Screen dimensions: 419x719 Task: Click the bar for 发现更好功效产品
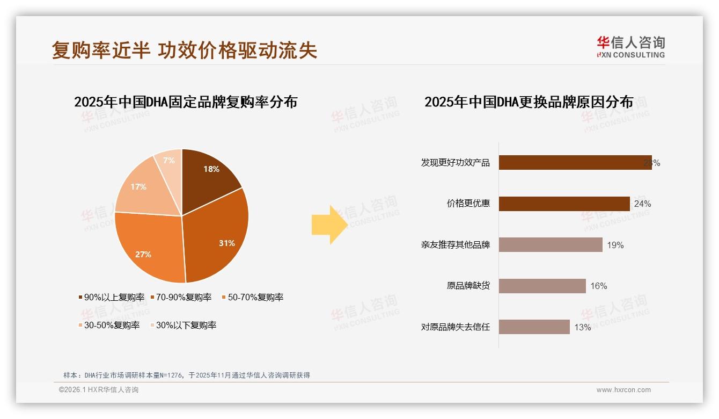coord(575,162)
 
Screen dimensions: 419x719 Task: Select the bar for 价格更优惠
coord(564,204)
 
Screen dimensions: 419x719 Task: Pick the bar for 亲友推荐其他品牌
coord(551,245)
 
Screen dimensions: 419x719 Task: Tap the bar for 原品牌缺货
coord(542,286)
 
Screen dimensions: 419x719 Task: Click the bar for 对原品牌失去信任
coord(534,327)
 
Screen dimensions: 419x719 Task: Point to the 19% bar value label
coord(615,245)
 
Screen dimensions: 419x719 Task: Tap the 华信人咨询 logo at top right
coord(630,47)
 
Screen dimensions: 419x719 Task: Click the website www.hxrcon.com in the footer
coord(623,390)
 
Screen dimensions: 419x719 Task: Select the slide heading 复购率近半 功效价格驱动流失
coord(185,50)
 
